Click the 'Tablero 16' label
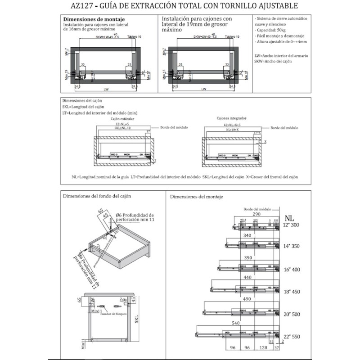pyautogui.click(x=134, y=36)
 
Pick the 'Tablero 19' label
pyautogui.click(x=232, y=36)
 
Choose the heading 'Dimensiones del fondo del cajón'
pyautogui.click(x=99, y=197)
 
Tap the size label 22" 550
pyautogui.click(x=291, y=337)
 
